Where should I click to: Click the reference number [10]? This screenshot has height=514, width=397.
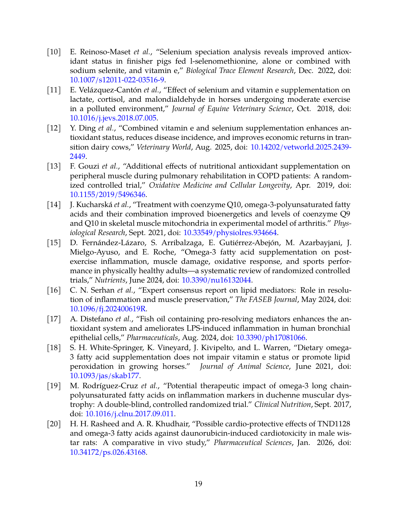(54, 52)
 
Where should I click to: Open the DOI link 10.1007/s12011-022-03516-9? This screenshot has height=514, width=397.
(117, 80)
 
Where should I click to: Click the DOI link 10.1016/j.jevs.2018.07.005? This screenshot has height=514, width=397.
(113, 118)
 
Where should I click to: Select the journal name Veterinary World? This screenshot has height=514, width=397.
(164, 147)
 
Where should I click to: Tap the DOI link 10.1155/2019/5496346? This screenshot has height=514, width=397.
(107, 194)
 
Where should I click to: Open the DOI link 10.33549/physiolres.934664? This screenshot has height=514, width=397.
(230, 233)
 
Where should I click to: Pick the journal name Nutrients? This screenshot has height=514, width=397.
(110, 280)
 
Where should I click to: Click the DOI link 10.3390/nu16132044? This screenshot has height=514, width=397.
(217, 280)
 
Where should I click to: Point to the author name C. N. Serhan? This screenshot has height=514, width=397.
(92, 290)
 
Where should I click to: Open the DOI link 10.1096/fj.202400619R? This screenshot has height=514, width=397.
(108, 309)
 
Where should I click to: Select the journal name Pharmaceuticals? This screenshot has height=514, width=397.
(152, 338)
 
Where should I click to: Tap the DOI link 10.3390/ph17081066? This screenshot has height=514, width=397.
(271, 338)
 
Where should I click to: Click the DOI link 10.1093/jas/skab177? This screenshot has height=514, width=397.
(104, 376)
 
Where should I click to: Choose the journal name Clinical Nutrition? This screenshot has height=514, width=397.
(282, 404)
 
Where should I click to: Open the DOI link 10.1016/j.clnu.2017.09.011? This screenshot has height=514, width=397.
(129, 414)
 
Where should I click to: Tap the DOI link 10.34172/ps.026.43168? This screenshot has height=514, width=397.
(108, 452)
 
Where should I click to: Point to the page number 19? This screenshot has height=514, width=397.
(198, 484)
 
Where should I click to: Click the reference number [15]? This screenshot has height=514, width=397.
(54, 243)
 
